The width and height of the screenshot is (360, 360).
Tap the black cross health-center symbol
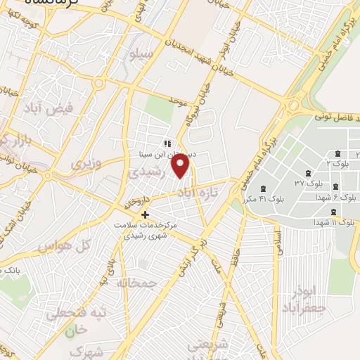(146, 214)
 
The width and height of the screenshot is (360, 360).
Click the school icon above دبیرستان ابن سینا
(167, 143)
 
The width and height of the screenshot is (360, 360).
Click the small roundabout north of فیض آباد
(98, 84)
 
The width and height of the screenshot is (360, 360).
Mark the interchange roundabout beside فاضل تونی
(294, 107)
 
